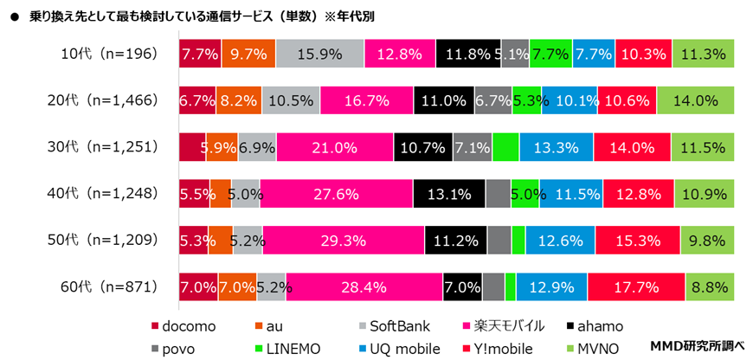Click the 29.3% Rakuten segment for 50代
344,240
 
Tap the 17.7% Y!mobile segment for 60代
636,286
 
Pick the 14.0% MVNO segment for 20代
695,100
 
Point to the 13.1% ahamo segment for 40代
448,193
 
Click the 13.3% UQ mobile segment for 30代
556,147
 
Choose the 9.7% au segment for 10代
248,54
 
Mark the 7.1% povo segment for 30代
473,147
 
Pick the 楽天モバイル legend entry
506,326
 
